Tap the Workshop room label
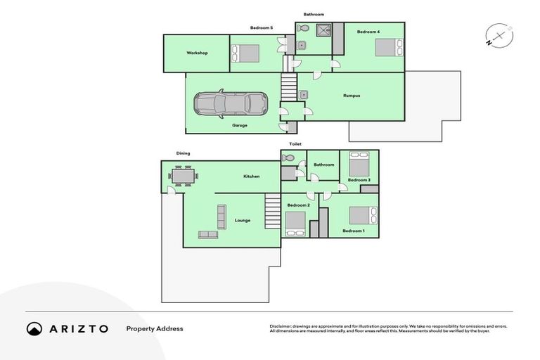coord(197,53)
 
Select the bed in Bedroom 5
coord(245,53)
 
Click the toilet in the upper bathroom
coord(303,28)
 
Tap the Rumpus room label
coord(352,96)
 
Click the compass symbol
coord(499,37)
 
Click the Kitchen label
coord(252,176)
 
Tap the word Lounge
coord(243,220)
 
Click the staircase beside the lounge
coord(272,210)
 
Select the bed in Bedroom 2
coord(295,223)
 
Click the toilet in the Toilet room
coord(288,158)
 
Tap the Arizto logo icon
coord(34,328)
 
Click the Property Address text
coord(155,328)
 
